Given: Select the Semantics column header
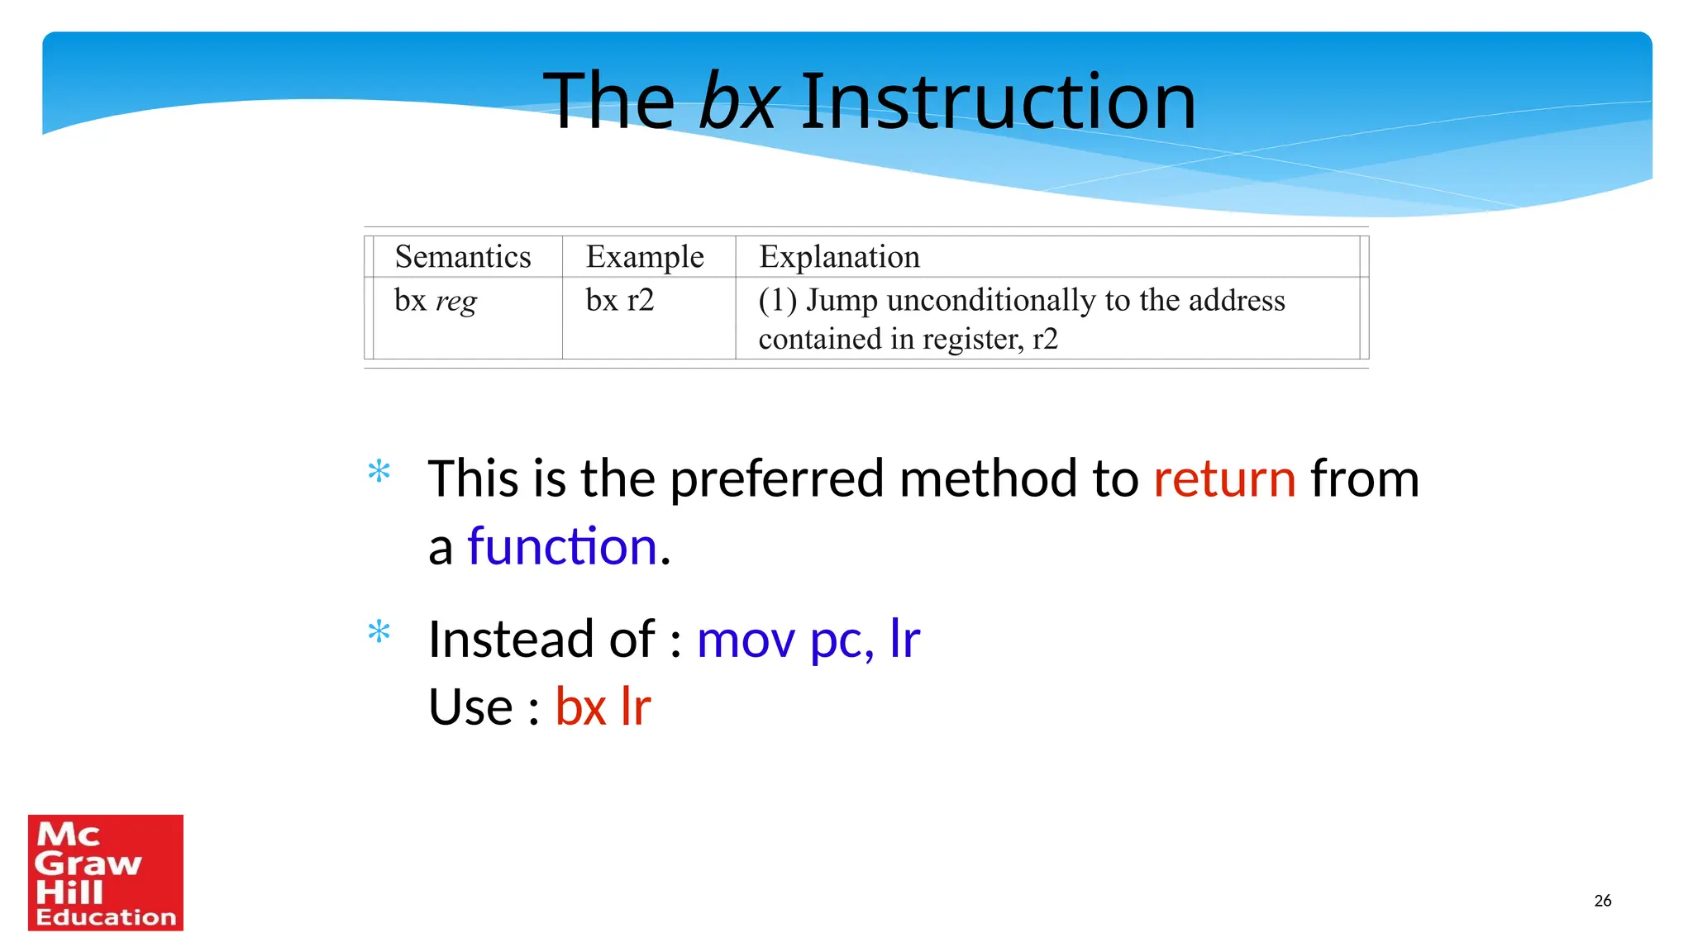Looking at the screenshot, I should (463, 257).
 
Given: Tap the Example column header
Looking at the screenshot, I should (645, 257).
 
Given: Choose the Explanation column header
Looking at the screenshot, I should (839, 257).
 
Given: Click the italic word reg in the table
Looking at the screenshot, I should (456, 302).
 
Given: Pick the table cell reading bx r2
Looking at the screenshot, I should (620, 300).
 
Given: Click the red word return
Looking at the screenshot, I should (1224, 479).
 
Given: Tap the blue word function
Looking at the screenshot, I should (562, 547).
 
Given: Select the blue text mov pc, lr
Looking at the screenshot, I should (808, 640).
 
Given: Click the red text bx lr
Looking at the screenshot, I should (603, 707).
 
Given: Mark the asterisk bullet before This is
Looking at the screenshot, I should (379, 472).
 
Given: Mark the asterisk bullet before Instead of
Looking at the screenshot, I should (379, 632).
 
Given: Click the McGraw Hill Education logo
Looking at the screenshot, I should (106, 873).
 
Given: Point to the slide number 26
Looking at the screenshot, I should (1602, 901).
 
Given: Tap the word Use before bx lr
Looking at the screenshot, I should (470, 707).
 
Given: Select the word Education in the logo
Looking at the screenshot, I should (106, 917).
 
